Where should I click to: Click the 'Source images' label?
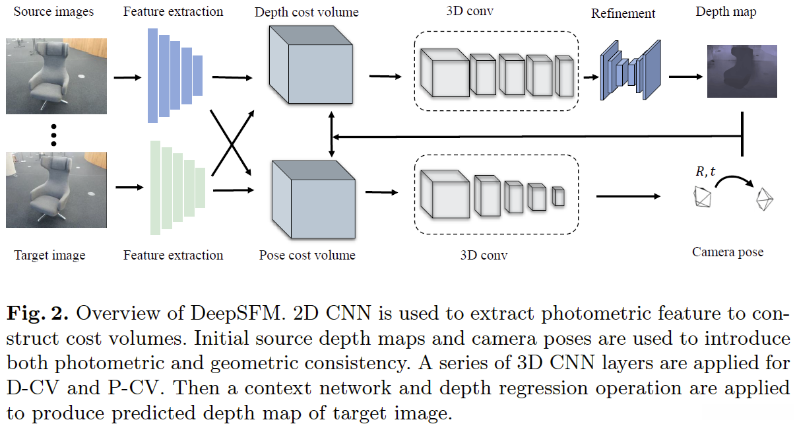(53, 12)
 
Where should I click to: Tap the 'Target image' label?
(50, 255)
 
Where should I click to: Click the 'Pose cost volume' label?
(307, 255)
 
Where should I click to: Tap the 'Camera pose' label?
(728, 252)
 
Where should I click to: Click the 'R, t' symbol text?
(706, 172)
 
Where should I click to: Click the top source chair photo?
(56, 76)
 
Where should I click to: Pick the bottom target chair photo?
(56, 190)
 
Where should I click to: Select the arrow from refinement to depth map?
(685, 77)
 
